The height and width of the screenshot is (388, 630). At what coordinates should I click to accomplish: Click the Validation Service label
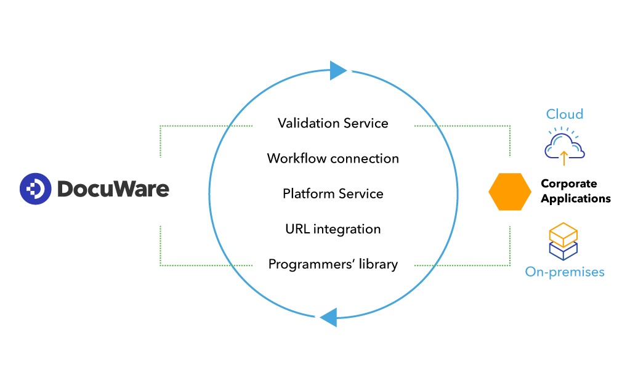[x=333, y=123]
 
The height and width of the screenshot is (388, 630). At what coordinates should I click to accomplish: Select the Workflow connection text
[x=333, y=158]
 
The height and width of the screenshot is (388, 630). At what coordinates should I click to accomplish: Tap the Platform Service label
[x=333, y=193]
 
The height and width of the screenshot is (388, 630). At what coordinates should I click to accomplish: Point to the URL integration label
[x=333, y=229]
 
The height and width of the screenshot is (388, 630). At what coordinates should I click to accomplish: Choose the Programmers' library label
[x=333, y=264]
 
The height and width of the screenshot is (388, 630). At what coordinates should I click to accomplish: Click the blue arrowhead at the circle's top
[x=338, y=70]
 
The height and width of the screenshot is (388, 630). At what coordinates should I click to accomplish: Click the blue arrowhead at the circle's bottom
[x=328, y=317]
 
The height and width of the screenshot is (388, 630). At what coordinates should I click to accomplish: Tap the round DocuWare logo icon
[x=34, y=188]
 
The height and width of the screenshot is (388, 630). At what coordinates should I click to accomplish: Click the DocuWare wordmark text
[x=113, y=188]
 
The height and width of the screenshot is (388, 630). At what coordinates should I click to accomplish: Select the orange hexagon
[x=510, y=191]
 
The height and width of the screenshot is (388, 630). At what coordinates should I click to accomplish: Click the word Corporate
[x=568, y=184]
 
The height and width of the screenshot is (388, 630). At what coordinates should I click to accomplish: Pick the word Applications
[x=575, y=198]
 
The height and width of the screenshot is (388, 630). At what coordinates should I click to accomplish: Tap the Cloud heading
[x=564, y=114]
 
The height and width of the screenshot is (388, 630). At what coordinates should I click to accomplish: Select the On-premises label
[x=564, y=272]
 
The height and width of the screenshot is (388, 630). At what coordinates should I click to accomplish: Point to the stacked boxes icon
[x=563, y=241]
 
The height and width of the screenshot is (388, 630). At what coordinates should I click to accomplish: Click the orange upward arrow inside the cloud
[x=563, y=158]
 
